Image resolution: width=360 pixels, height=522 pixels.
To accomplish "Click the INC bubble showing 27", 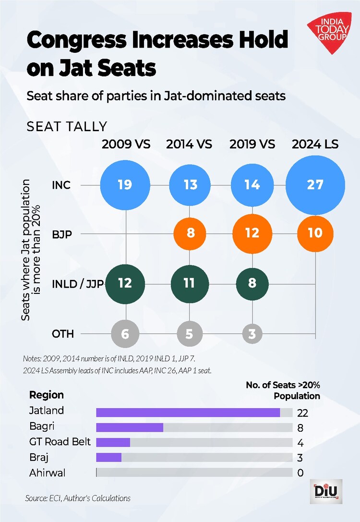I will [x=315, y=185].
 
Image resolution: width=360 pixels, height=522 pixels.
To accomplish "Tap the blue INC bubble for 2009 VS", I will [x=125, y=185].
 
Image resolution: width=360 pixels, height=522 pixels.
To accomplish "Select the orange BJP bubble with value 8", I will [x=190, y=234].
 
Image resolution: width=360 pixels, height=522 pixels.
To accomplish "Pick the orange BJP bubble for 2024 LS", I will [x=315, y=234].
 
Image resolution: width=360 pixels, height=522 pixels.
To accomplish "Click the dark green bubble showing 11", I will [x=189, y=283].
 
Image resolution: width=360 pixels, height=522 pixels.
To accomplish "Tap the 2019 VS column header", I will [x=252, y=144].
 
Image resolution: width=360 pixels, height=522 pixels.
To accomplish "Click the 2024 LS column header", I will [x=315, y=144].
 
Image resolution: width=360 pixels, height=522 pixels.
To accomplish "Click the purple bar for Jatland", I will [x=188, y=413].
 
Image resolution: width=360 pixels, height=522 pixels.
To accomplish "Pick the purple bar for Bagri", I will [x=130, y=427].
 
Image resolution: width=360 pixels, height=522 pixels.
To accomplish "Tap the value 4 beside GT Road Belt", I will [x=300, y=443].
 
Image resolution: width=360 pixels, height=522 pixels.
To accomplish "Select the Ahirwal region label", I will [x=48, y=473].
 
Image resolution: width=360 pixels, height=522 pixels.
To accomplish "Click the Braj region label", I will [x=39, y=458].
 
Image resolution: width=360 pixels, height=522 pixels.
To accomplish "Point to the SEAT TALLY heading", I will [x=67, y=127].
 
